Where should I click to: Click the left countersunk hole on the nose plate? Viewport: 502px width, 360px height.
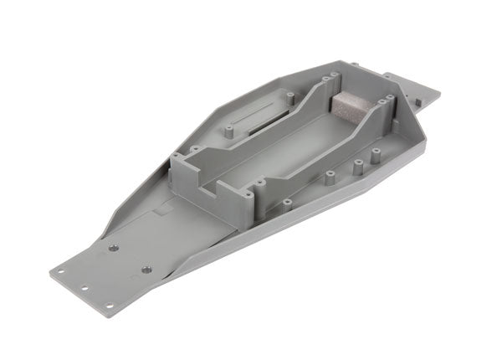(113, 248)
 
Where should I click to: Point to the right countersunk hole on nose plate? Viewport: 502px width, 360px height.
(146, 269)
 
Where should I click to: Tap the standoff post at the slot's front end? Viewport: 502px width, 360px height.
(227, 132)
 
